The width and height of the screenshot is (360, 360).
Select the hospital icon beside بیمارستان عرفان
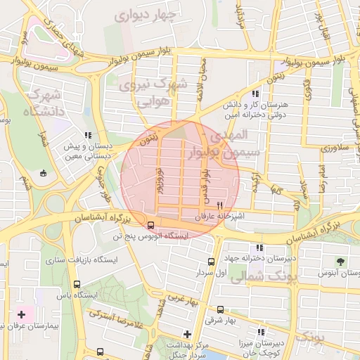click(x=20, y=314)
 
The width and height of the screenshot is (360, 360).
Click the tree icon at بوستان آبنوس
click(x=342, y=260)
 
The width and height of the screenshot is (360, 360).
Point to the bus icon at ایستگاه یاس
click(x=77, y=285)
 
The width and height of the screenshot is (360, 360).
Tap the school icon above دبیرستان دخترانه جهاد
click(x=261, y=247)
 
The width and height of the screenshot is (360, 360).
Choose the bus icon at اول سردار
click(x=210, y=262)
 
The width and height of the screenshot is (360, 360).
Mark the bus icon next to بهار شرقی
click(x=220, y=309)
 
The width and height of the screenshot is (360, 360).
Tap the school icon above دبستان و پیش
click(x=87, y=135)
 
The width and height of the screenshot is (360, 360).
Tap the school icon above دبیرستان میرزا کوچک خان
click(x=262, y=333)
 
